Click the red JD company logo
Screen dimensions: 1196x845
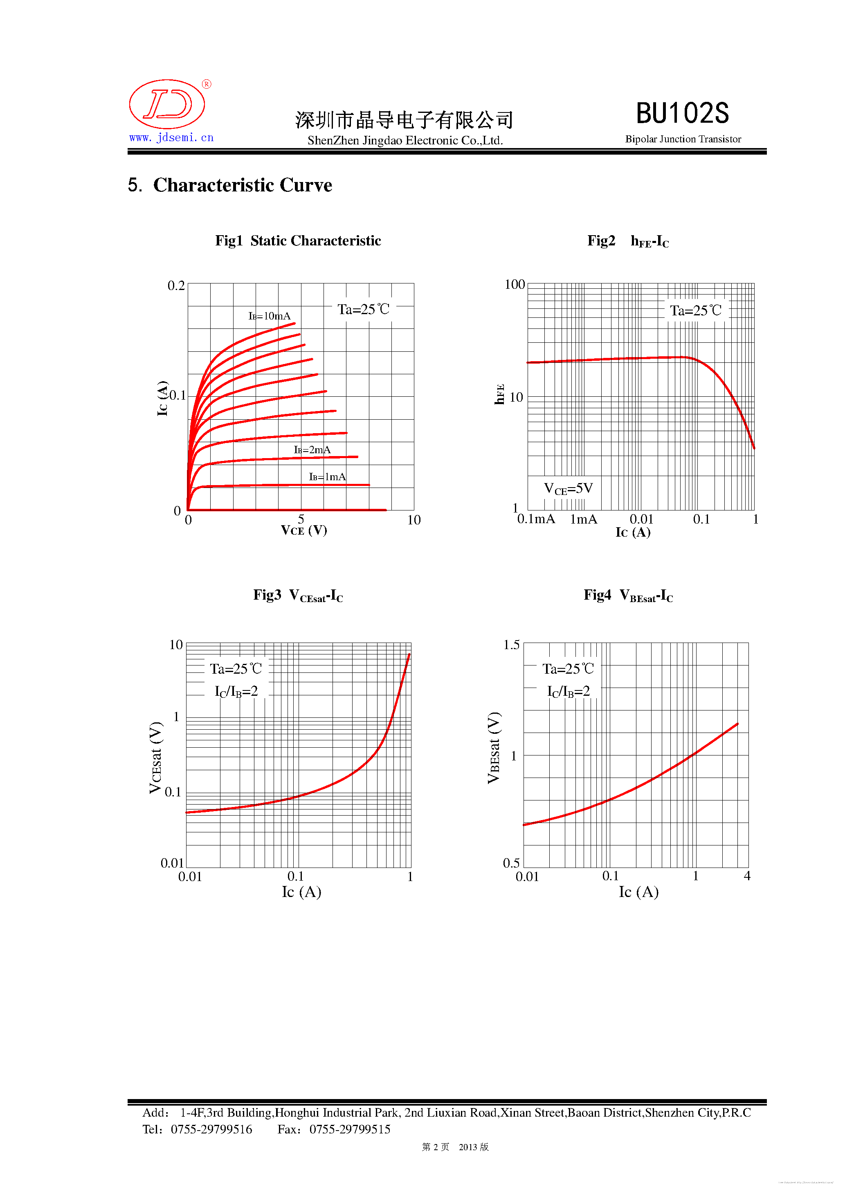(x=167, y=104)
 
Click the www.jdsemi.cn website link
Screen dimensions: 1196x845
(x=171, y=137)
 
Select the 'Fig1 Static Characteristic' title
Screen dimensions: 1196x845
(x=298, y=241)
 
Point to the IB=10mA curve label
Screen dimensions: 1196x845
(x=270, y=316)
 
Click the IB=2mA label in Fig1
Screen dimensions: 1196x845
(x=312, y=450)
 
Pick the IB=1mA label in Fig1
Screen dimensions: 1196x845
(x=327, y=477)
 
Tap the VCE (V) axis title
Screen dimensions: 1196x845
(x=304, y=530)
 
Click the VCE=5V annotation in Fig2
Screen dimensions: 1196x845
(x=569, y=489)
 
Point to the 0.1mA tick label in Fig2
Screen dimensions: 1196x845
(x=536, y=519)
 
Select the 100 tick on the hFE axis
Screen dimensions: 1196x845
(x=515, y=284)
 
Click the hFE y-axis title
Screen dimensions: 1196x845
(x=499, y=394)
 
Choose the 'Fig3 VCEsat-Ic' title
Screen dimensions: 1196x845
(x=298, y=596)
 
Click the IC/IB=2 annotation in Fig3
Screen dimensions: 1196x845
(x=236, y=691)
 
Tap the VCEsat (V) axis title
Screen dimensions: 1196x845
(x=155, y=758)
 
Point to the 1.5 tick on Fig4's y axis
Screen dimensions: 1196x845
(x=511, y=645)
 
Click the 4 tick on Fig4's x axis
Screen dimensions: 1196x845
(x=747, y=876)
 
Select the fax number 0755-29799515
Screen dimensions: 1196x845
(x=350, y=1129)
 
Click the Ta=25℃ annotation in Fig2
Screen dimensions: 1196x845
(x=695, y=311)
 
